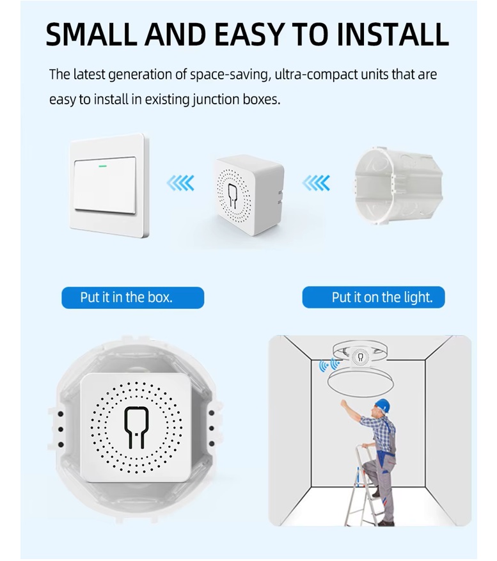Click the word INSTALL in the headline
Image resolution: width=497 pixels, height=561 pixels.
pyautogui.click(x=393, y=35)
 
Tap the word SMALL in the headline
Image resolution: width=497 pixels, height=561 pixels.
pyautogui.click(x=92, y=35)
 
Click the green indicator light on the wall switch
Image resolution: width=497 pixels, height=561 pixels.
pyautogui.click(x=103, y=166)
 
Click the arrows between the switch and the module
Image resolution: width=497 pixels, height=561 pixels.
pyautogui.click(x=180, y=183)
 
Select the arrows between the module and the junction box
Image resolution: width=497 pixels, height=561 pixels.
pyautogui.click(x=315, y=183)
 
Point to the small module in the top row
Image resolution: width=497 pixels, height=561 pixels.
pyautogui.click(x=249, y=194)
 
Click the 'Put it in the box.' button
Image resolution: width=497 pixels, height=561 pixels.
pyautogui.click(x=133, y=297)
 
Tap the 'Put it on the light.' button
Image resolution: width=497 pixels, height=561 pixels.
pyautogui.click(x=374, y=297)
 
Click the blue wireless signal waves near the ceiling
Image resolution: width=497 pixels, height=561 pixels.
pyautogui.click(x=329, y=365)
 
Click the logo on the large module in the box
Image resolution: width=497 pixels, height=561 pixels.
pyautogui.click(x=134, y=427)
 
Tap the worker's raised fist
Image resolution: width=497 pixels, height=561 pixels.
pyautogui.click(x=344, y=404)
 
